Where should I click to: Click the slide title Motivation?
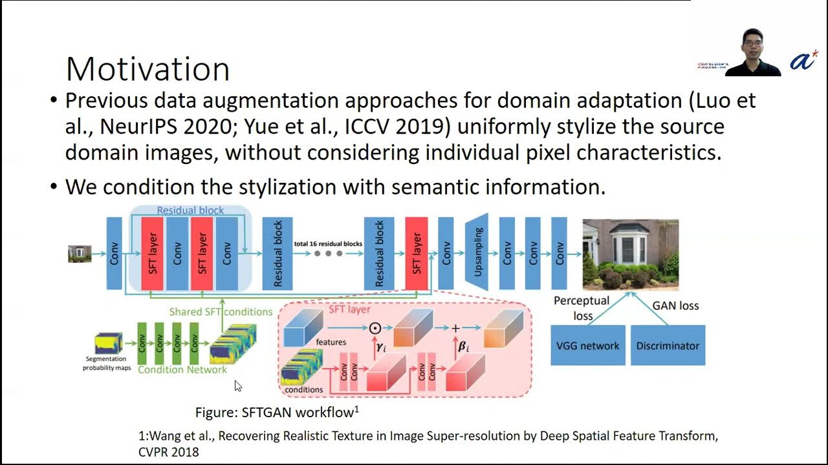click(147, 68)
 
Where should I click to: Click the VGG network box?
click(587, 346)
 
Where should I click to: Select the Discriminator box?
click(668, 346)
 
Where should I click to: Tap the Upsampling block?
click(478, 252)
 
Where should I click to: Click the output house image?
click(630, 254)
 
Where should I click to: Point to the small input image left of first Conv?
click(80, 254)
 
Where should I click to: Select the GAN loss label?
click(675, 305)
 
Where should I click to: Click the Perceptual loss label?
click(582, 308)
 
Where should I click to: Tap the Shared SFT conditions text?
click(221, 312)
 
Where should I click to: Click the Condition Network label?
click(182, 370)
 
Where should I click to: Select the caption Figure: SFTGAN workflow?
click(277, 412)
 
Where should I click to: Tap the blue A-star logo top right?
click(803, 60)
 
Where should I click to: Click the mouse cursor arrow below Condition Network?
click(237, 386)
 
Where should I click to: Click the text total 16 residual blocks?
click(328, 244)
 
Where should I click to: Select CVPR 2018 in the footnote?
click(169, 452)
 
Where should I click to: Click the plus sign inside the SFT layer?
click(455, 329)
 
